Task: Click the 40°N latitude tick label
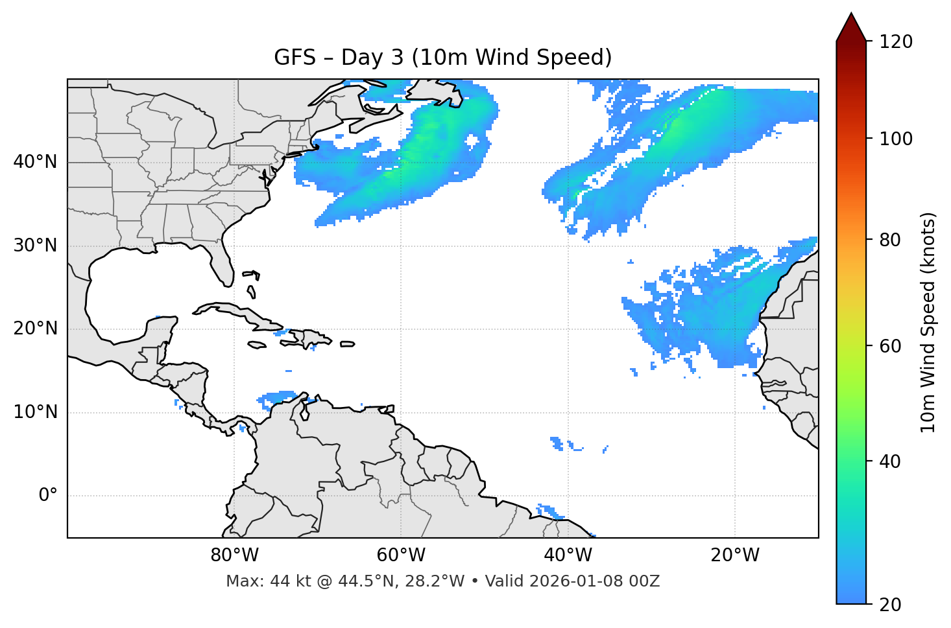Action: pyautogui.click(x=35, y=162)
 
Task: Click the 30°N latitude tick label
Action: pyautogui.click(x=35, y=246)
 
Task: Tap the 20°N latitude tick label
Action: pyautogui.click(x=35, y=329)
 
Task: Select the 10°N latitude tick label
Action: pyautogui.click(x=35, y=412)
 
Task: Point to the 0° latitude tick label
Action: pyautogui.click(x=48, y=496)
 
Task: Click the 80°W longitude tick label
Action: pyautogui.click(x=234, y=555)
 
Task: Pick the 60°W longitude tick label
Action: pyautogui.click(x=401, y=555)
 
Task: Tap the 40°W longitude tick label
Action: pyautogui.click(x=568, y=555)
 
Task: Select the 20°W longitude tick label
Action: pyautogui.click(x=734, y=555)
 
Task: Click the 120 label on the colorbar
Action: pyautogui.click(x=896, y=42)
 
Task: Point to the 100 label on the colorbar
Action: pyautogui.click(x=896, y=139)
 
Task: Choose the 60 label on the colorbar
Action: pyautogui.click(x=889, y=346)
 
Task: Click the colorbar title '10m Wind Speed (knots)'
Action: pyautogui.click(x=928, y=322)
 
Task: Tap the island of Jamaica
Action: pyautogui.click(x=257, y=345)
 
